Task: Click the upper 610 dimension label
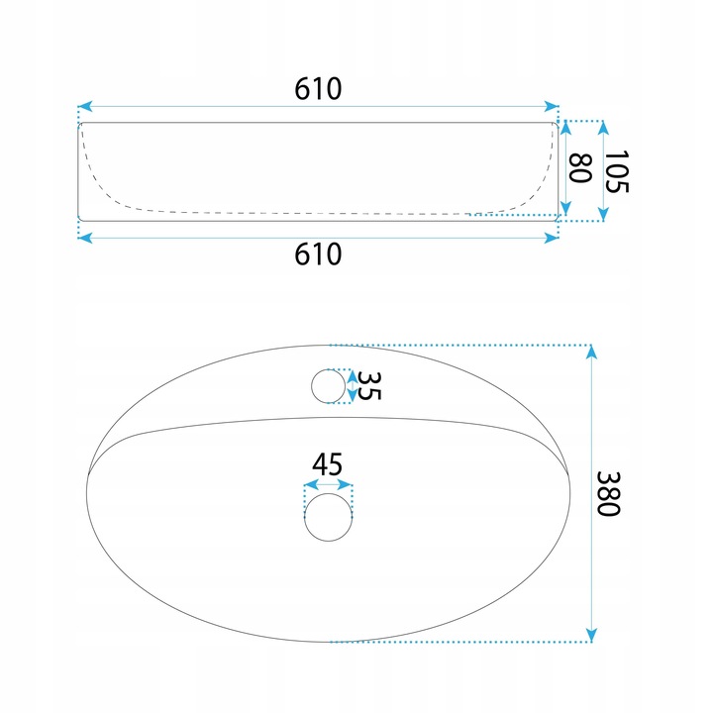[318, 89]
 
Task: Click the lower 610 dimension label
[318, 255]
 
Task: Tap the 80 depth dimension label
[580, 168]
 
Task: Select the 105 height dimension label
[616, 171]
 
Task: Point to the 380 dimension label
[608, 493]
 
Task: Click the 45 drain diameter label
[327, 464]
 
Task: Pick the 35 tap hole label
[368, 386]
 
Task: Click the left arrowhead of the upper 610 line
[85, 106]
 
